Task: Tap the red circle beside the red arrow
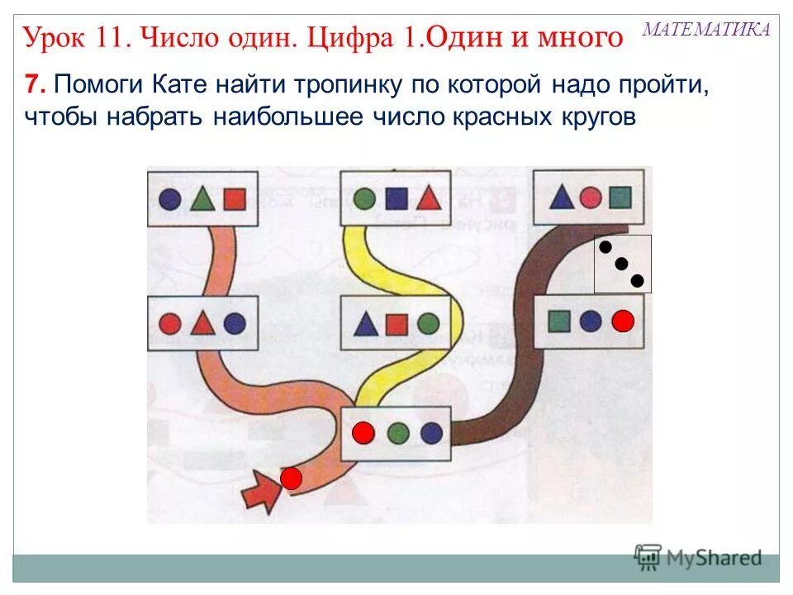(291, 478)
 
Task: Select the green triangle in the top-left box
(202, 198)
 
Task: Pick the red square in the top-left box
(235, 199)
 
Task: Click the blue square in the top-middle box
(396, 198)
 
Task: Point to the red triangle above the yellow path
(427, 198)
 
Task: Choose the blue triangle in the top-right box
(562, 198)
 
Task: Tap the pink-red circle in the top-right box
(590, 198)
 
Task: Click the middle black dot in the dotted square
(622, 264)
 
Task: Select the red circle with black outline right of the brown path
(624, 321)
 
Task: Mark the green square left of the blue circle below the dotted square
(560, 321)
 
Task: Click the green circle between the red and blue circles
(398, 432)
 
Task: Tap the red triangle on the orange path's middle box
(202, 322)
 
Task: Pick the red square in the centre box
(396, 324)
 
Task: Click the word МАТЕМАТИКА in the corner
(706, 30)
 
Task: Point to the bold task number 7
(32, 84)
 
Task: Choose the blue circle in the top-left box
(169, 199)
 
